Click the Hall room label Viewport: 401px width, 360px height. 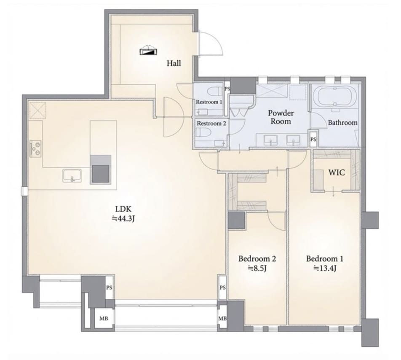(174, 63)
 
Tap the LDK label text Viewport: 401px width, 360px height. (123, 209)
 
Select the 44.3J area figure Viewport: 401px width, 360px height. (123, 219)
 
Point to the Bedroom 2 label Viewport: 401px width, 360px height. (257, 259)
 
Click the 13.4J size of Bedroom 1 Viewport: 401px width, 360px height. (325, 268)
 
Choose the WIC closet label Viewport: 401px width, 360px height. (337, 172)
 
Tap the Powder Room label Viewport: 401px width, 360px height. (281, 117)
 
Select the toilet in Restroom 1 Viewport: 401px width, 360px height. (215, 91)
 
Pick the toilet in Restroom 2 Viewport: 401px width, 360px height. (203, 133)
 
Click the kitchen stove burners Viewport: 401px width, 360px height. (36, 149)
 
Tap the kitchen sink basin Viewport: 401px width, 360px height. (72, 175)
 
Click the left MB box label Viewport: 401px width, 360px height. (103, 319)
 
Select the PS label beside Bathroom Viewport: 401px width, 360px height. (313, 140)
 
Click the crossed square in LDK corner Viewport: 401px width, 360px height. (38, 110)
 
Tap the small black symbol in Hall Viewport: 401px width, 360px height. (148, 51)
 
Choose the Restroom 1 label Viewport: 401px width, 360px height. (209, 102)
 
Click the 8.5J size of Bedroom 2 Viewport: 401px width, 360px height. (257, 268)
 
